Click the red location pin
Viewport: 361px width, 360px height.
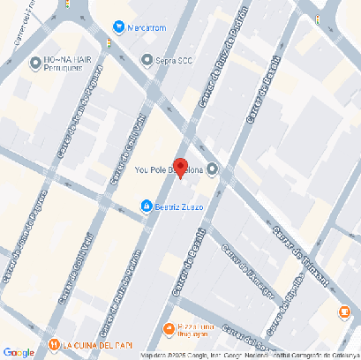(180, 168)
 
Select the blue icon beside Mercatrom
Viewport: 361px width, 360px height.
(117, 27)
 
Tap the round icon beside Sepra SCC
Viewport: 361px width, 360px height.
(147, 60)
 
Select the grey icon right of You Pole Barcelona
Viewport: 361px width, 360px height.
(213, 169)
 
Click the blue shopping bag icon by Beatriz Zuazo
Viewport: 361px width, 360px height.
(146, 206)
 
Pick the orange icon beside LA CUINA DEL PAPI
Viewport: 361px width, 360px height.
(54, 344)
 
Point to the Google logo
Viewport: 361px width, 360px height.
(19, 352)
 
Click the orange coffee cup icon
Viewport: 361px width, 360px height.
(344, 312)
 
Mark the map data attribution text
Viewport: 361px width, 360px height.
(252, 356)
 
